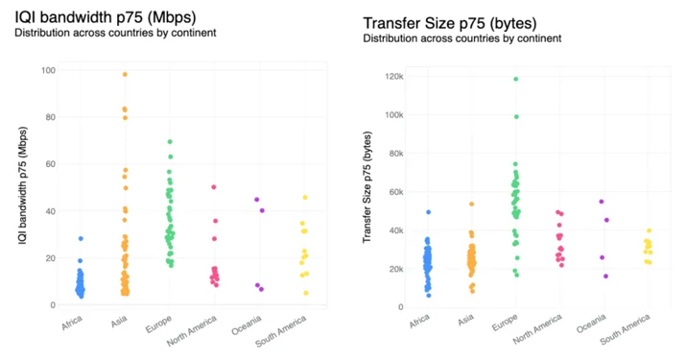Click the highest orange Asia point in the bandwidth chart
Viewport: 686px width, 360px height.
click(125, 75)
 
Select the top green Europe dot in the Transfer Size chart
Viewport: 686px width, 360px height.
click(516, 80)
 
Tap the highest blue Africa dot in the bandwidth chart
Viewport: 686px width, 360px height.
click(81, 239)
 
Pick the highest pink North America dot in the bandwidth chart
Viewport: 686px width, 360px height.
click(214, 187)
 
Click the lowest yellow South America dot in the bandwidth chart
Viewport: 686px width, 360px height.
click(306, 293)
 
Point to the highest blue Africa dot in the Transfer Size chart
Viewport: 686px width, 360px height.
click(428, 212)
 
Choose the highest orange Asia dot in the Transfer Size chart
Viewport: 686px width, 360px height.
click(472, 204)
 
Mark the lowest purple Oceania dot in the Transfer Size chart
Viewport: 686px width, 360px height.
click(606, 276)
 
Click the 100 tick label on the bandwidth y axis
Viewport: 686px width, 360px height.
click(48, 70)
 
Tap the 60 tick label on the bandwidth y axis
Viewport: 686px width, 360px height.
click(51, 164)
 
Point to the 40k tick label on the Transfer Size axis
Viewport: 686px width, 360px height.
click(396, 230)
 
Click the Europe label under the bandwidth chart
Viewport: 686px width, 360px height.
click(158, 324)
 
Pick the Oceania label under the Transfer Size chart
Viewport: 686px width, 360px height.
click(591, 324)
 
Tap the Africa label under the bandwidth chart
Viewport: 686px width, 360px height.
click(72, 323)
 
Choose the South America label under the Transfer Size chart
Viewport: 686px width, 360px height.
click(625, 329)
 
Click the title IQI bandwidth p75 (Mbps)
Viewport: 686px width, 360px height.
click(106, 17)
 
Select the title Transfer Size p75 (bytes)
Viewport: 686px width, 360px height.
click(450, 23)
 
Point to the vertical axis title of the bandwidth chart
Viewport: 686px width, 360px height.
click(23, 185)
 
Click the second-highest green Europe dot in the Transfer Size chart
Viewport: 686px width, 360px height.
click(516, 117)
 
